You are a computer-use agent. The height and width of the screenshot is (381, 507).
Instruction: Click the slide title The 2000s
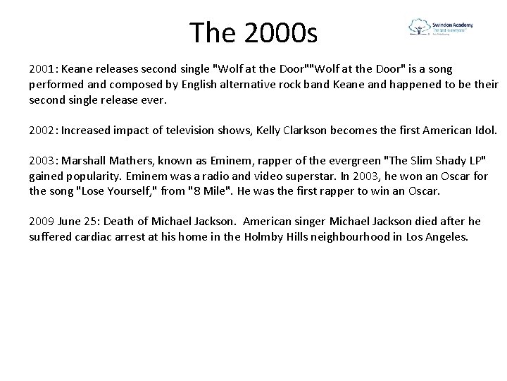click(x=254, y=31)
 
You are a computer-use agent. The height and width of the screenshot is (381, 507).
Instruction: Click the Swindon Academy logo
click(x=441, y=29)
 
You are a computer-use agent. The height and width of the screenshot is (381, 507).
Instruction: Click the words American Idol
click(x=463, y=131)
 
